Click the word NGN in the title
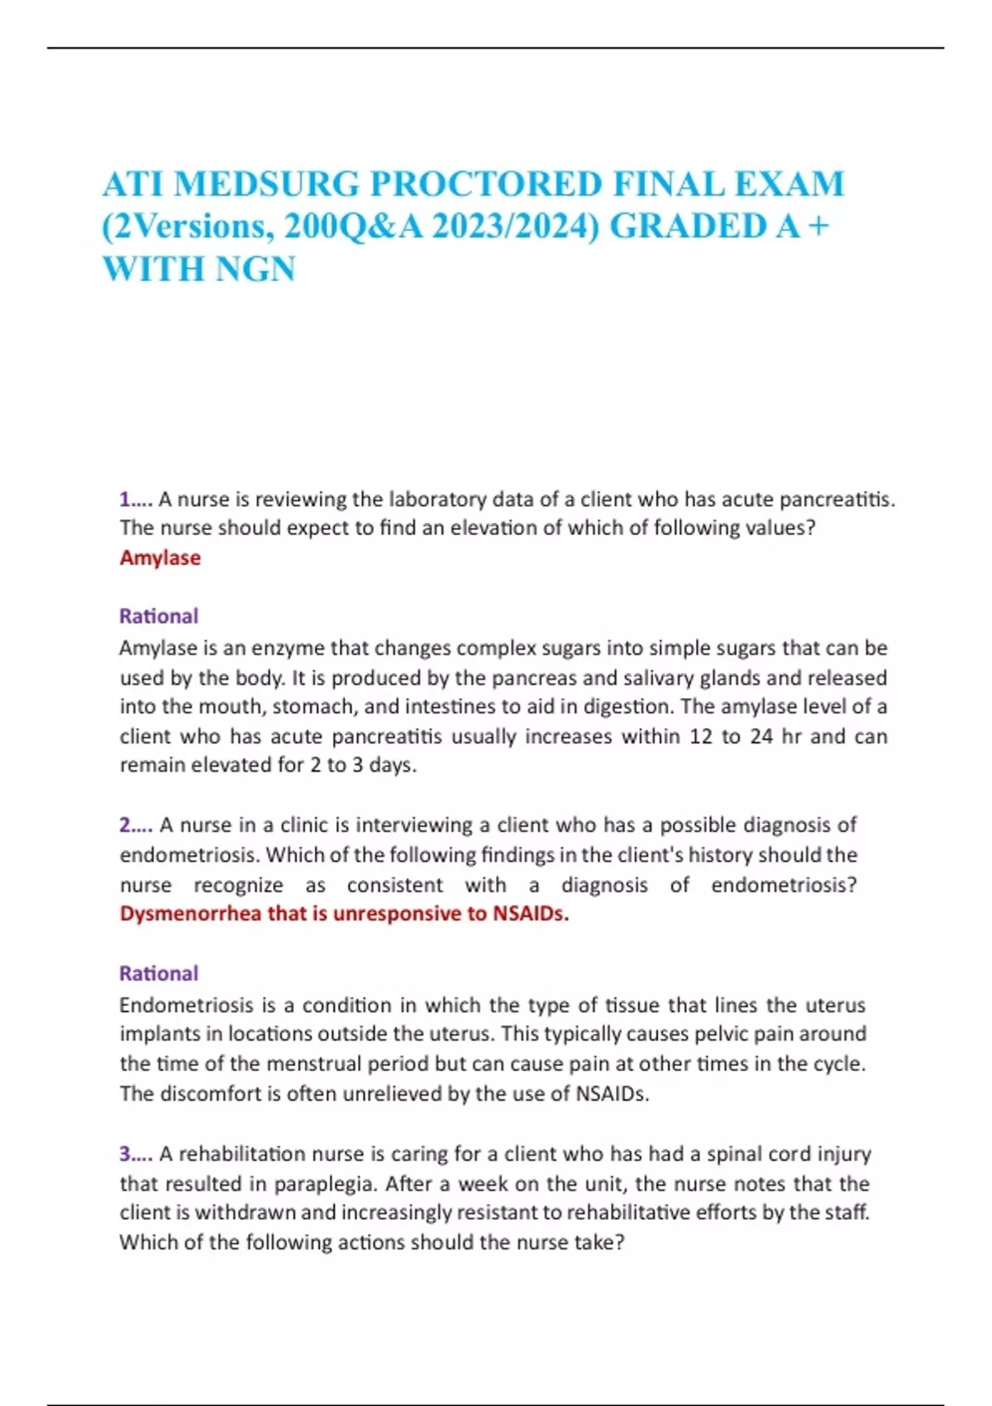click(x=255, y=270)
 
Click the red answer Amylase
click(x=160, y=557)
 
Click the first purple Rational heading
click(x=158, y=616)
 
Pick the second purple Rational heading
click(x=158, y=973)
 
